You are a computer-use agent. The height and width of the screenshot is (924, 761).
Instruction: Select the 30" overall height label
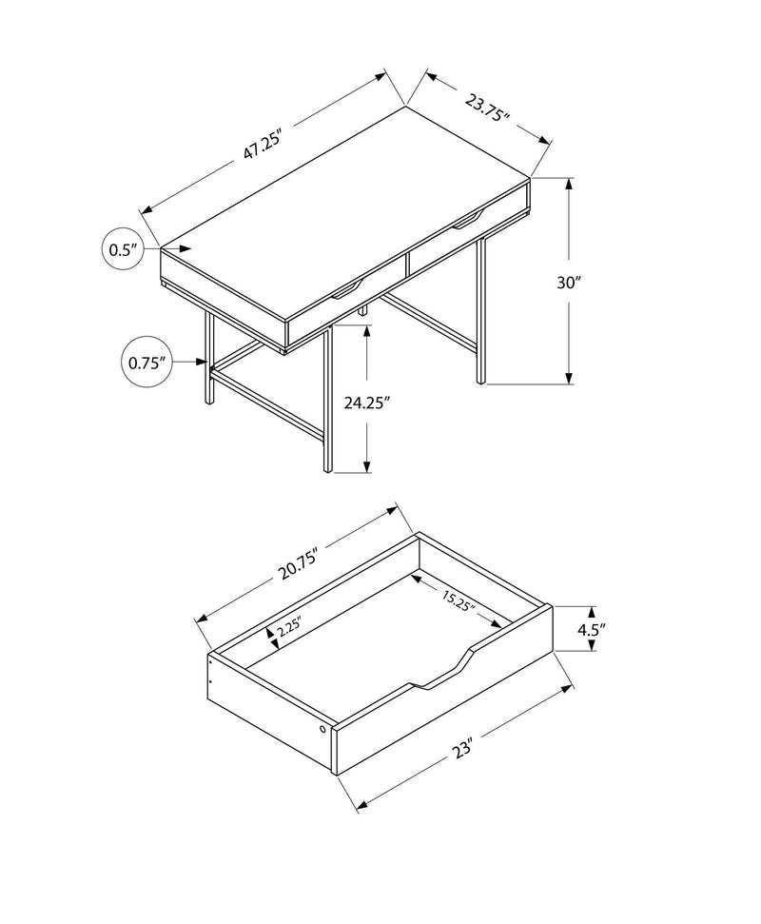tap(570, 283)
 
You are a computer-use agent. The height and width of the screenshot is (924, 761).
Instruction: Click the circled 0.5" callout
tap(123, 250)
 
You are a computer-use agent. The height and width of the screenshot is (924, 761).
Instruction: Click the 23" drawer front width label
tap(463, 747)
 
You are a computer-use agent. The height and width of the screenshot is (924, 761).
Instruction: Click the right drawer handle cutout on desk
tap(466, 222)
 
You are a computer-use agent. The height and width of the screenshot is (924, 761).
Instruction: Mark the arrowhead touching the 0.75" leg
tap(204, 362)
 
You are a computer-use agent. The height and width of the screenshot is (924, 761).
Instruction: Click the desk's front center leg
tap(325, 400)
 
